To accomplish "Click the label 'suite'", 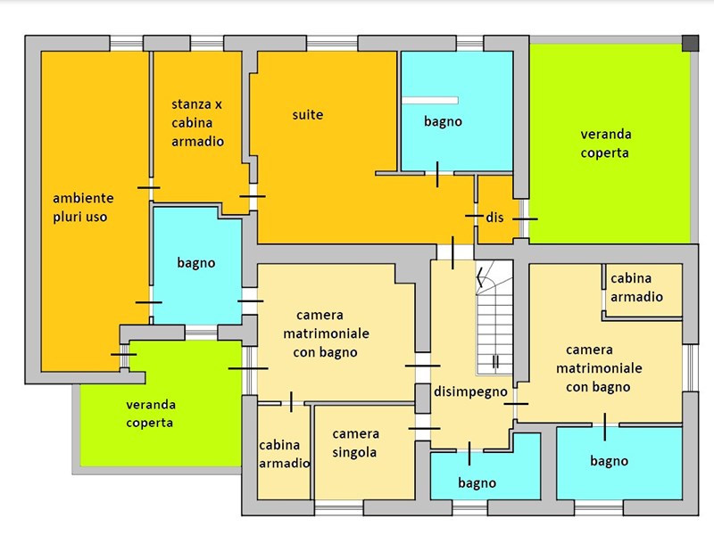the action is (x=308, y=115).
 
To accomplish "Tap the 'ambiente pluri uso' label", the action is (x=83, y=208).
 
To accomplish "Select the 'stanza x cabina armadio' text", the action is (x=197, y=123).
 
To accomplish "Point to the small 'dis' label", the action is (x=494, y=218).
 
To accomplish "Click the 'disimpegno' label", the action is (x=470, y=391).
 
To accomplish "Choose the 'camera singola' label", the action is (x=355, y=443).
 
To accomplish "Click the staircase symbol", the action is (x=494, y=317).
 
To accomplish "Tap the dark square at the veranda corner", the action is (x=690, y=43).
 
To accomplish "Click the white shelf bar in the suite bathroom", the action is (x=430, y=100).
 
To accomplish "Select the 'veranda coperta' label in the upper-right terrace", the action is (x=606, y=144).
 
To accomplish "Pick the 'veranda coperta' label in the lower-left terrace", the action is (x=150, y=414).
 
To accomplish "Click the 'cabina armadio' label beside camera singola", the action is (x=284, y=454).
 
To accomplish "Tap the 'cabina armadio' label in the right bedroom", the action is (x=636, y=287).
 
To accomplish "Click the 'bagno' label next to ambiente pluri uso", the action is (x=195, y=263).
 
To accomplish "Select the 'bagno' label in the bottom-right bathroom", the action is (x=610, y=461).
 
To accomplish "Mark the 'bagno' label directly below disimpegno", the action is (x=477, y=482).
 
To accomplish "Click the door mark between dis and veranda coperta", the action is (x=525, y=218).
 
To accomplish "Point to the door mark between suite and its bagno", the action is (x=437, y=174).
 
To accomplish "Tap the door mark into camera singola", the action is (x=424, y=428).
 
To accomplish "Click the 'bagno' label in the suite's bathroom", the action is (x=443, y=121).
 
